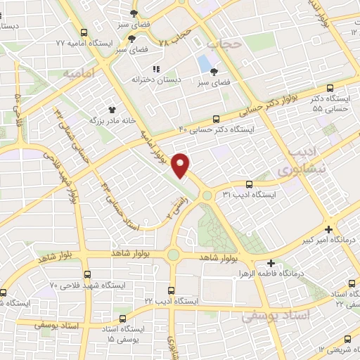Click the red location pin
(182, 165)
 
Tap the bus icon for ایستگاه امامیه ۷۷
(84, 32)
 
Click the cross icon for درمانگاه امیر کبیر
(329, 229)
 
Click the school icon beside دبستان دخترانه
(156, 69)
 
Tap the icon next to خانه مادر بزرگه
(111, 109)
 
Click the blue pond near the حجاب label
(205, 64)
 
